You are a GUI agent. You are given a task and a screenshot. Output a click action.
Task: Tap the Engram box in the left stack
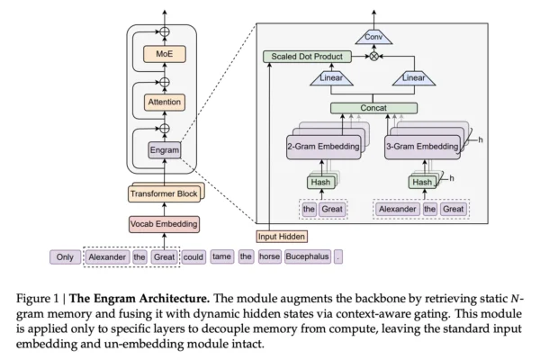pos(164,148)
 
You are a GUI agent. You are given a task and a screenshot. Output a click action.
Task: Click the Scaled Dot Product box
pos(305,56)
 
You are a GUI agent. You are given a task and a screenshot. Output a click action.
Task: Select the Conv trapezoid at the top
pos(373,38)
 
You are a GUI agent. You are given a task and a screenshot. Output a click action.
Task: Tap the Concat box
pos(373,109)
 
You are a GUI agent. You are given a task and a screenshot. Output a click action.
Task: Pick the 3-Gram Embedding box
pos(424,146)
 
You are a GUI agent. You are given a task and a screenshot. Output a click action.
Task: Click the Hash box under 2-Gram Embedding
pos(321,182)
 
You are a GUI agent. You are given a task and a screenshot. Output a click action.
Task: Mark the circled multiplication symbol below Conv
pos(373,56)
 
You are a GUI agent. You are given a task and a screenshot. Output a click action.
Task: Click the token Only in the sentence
pos(65,256)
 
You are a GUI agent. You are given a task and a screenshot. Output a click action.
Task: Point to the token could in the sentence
pos(193,256)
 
